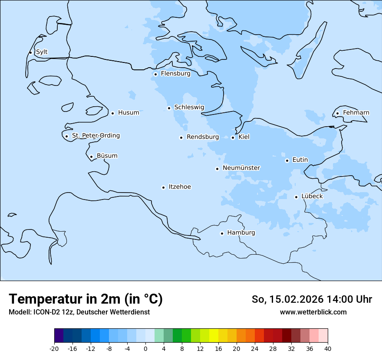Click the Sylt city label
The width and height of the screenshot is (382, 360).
point(42,52)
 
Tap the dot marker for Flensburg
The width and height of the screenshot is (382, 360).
point(155,74)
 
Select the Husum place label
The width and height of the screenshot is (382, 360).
point(128,113)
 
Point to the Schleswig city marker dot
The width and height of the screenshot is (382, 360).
point(169,108)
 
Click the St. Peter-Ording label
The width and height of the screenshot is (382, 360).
point(95,136)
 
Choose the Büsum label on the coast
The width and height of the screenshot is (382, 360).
point(107,156)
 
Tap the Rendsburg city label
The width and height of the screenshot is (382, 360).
point(203,137)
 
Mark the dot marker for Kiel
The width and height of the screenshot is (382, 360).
point(233,137)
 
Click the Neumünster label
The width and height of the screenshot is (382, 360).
point(241,168)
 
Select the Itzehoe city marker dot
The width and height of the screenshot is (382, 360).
point(163,187)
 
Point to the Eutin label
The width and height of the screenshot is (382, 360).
point(300,160)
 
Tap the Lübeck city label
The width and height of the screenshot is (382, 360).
point(312,196)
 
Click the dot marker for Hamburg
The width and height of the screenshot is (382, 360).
point(222,233)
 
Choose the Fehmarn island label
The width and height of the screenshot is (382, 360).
point(356,113)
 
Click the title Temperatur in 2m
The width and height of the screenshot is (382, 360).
point(86,299)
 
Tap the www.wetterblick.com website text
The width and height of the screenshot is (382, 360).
point(313,312)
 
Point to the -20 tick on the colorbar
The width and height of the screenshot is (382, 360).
point(54,349)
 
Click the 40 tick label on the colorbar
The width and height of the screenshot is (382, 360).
point(328,349)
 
